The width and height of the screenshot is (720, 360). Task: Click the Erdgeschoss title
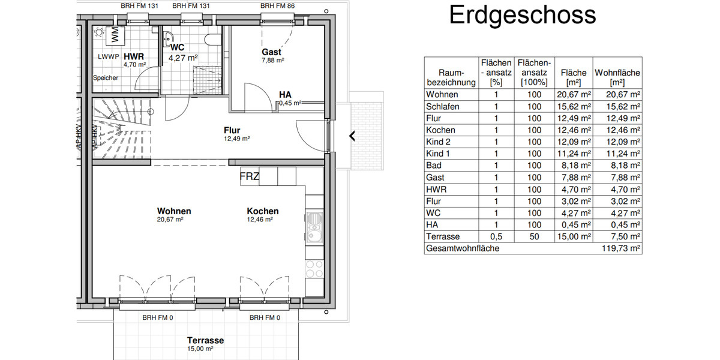(x=522, y=16)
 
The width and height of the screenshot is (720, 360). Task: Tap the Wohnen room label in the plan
(x=174, y=211)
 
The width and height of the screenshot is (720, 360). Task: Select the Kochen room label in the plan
(x=263, y=211)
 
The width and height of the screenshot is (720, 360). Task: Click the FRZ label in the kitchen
(x=250, y=177)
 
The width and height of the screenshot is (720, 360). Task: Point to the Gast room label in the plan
(x=272, y=52)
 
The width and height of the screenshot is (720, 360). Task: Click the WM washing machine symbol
(x=114, y=35)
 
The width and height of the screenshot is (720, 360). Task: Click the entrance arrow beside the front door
(x=352, y=136)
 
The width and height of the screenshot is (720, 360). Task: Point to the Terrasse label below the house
(x=205, y=340)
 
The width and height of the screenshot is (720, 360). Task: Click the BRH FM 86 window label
(x=278, y=5)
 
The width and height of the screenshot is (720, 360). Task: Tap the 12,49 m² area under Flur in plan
(x=236, y=138)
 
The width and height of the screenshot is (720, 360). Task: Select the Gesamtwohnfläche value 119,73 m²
(x=622, y=248)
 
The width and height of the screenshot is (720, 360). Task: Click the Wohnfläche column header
(x=617, y=77)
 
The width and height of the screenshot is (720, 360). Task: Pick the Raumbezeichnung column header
(x=451, y=77)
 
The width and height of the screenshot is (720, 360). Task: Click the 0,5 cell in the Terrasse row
(x=496, y=236)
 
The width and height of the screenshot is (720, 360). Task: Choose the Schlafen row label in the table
(x=443, y=106)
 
